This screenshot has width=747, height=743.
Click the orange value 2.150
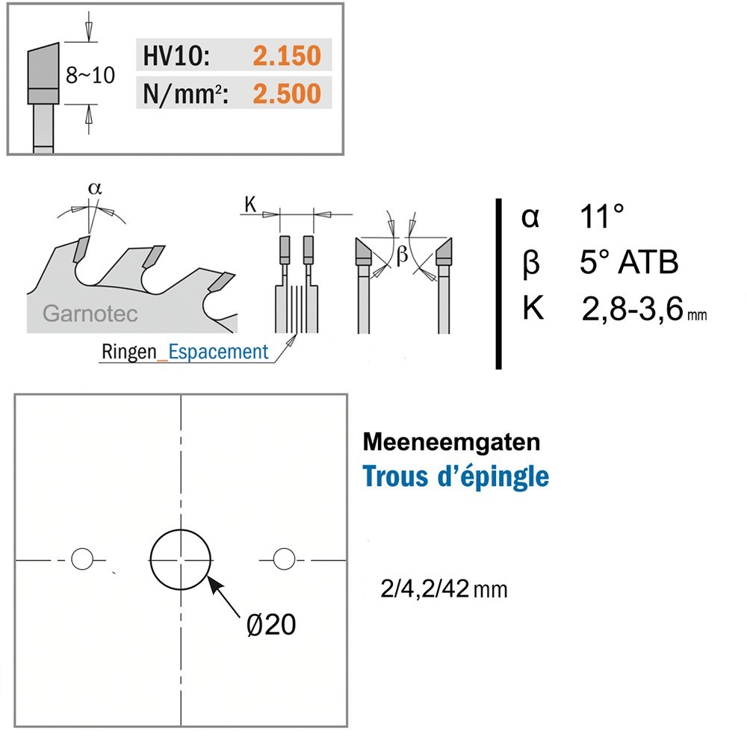287,56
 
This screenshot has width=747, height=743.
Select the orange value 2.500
287,94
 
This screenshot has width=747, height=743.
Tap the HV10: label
176,56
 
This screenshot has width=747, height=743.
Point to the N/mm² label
185,94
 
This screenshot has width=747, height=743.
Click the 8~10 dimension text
90,75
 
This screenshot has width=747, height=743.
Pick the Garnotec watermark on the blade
90,314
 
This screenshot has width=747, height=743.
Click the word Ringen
128,352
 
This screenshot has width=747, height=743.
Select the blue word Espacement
218,352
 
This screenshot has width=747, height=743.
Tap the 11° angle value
601,217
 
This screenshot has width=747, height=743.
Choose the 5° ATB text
629,262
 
